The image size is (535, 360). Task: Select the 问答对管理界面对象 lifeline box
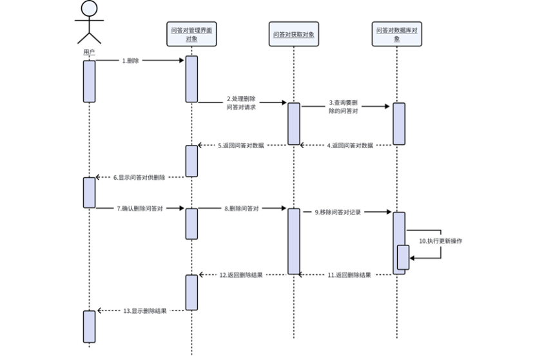coord(191,33)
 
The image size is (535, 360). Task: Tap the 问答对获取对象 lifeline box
coord(293,34)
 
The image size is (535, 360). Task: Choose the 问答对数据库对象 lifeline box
coord(396,33)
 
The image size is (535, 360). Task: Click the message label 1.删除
coord(131,61)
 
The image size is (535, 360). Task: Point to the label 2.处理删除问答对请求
coord(242,104)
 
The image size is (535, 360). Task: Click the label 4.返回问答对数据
coord(350,146)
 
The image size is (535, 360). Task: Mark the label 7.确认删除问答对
coord(140,209)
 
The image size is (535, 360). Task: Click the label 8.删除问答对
coord(242,209)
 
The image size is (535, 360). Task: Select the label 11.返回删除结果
coord(349,275)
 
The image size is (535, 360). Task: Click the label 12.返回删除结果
coord(241,275)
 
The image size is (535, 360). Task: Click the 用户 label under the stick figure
coord(89,52)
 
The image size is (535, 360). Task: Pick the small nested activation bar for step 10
coord(403,258)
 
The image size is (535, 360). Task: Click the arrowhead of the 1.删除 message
coord(182,61)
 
